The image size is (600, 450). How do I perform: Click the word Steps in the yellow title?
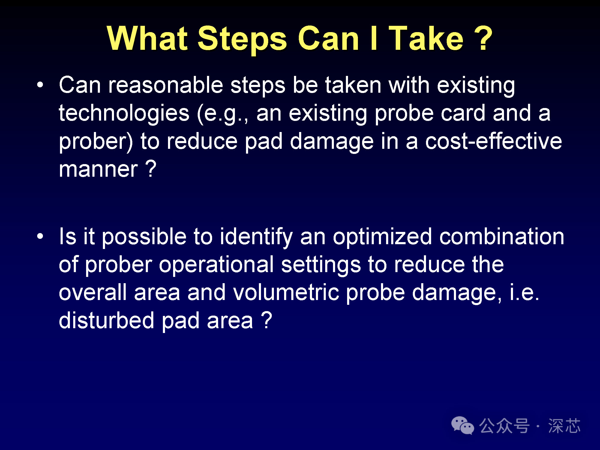tap(242, 39)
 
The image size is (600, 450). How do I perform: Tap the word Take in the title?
tap(426, 38)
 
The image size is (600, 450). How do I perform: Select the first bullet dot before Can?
tap(40, 85)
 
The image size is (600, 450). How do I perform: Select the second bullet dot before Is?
tap(40, 236)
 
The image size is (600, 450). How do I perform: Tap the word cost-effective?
tap(493, 141)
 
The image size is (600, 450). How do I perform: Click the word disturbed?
tap(106, 320)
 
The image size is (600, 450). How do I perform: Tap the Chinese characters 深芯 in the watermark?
tap(564, 426)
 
